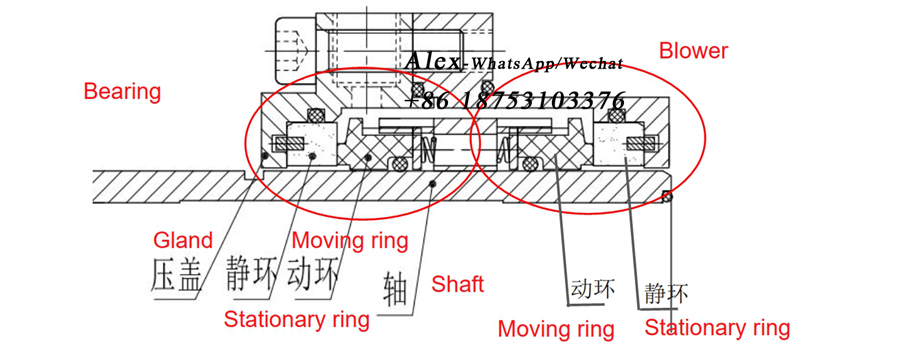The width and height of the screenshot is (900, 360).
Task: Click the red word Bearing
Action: (122, 92)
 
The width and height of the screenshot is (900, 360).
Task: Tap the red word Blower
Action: (693, 51)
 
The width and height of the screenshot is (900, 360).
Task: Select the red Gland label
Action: (183, 240)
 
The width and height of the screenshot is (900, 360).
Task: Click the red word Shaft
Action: (457, 285)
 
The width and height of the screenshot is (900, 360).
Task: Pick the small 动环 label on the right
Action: (593, 290)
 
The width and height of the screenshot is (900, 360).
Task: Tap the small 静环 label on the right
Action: (666, 294)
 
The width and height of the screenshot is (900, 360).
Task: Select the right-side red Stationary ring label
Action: (717, 327)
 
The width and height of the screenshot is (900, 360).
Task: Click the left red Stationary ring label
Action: (296, 320)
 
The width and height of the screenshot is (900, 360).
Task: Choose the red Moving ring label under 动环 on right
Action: (556, 328)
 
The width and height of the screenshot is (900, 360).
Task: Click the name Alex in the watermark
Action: (433, 62)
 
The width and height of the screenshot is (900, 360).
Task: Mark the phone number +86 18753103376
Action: (516, 100)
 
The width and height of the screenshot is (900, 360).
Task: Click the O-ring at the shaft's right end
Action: (668, 197)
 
